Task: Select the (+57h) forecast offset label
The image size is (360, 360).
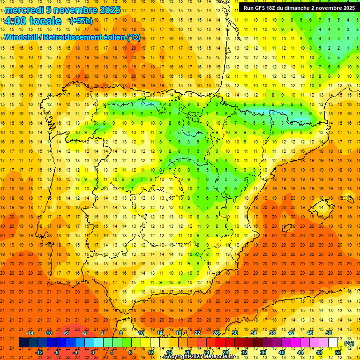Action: (81, 21)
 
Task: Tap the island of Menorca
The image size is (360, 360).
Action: (347, 198)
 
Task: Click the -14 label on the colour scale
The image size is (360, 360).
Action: (30, 333)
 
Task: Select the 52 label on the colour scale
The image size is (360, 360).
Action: (338, 352)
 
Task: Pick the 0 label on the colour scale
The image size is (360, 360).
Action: (93, 352)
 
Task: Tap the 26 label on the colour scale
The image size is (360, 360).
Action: (216, 333)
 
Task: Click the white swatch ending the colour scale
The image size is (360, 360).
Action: (333, 343)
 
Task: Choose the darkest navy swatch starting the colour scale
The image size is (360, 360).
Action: (23, 343)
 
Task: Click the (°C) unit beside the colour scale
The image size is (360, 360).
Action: (349, 343)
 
